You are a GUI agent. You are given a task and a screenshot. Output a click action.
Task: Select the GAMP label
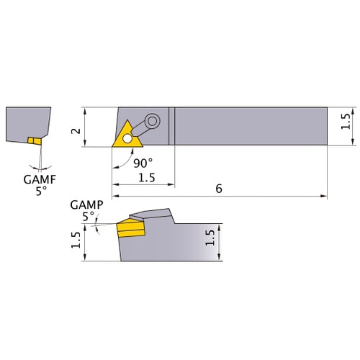[83, 204]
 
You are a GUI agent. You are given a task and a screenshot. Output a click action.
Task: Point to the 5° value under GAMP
[88, 215]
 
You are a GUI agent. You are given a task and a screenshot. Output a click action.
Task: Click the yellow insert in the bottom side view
[130, 230]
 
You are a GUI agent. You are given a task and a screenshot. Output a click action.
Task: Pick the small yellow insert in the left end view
[33, 140]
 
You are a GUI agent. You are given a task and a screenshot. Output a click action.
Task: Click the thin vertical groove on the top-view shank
[171, 127]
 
